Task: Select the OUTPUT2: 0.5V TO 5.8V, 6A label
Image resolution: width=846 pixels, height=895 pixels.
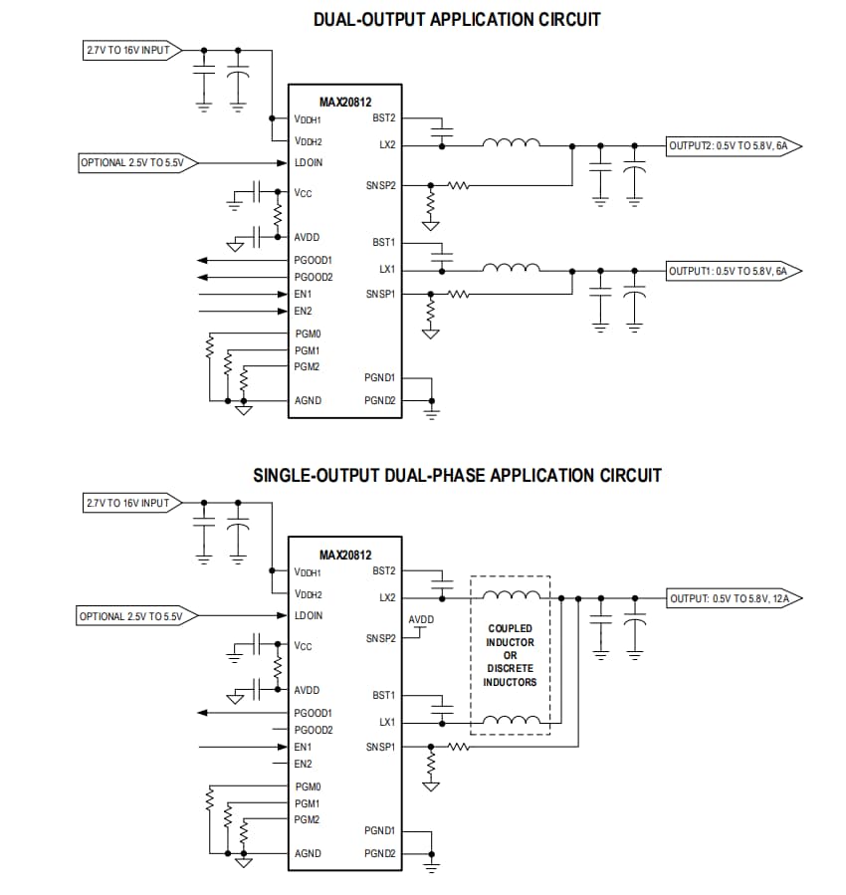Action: click(x=728, y=145)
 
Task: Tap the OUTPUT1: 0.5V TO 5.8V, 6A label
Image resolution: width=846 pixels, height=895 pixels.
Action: click(x=728, y=271)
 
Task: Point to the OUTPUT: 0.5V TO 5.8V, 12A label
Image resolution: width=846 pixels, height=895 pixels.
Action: click(x=730, y=598)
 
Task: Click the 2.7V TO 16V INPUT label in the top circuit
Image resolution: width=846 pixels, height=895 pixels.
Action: click(x=126, y=49)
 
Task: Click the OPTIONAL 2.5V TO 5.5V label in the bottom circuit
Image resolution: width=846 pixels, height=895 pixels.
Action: click(x=129, y=616)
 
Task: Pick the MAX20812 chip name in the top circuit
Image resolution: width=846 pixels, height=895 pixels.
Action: click(x=344, y=101)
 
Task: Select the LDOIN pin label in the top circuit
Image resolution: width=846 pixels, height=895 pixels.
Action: click(x=309, y=162)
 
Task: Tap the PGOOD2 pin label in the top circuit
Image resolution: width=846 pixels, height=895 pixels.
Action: click(x=314, y=277)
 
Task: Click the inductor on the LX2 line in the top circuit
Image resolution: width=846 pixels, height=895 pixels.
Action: click(x=511, y=143)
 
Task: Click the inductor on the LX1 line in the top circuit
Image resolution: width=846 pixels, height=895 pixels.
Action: click(x=511, y=268)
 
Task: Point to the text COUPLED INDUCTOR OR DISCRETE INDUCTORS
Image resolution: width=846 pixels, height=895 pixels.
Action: click(x=510, y=655)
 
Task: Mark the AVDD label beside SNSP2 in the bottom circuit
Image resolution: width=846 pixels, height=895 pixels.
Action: click(x=421, y=619)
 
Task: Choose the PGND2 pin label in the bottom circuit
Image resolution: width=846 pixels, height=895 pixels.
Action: click(x=380, y=853)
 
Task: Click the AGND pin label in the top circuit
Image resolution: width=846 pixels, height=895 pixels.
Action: click(x=308, y=400)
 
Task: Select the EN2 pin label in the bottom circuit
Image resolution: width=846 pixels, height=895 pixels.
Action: click(x=303, y=764)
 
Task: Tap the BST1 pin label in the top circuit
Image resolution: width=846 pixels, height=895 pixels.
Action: click(x=383, y=243)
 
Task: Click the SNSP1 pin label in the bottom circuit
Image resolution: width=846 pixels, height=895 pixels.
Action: click(x=381, y=746)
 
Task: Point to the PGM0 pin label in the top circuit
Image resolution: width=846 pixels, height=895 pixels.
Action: click(x=308, y=334)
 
